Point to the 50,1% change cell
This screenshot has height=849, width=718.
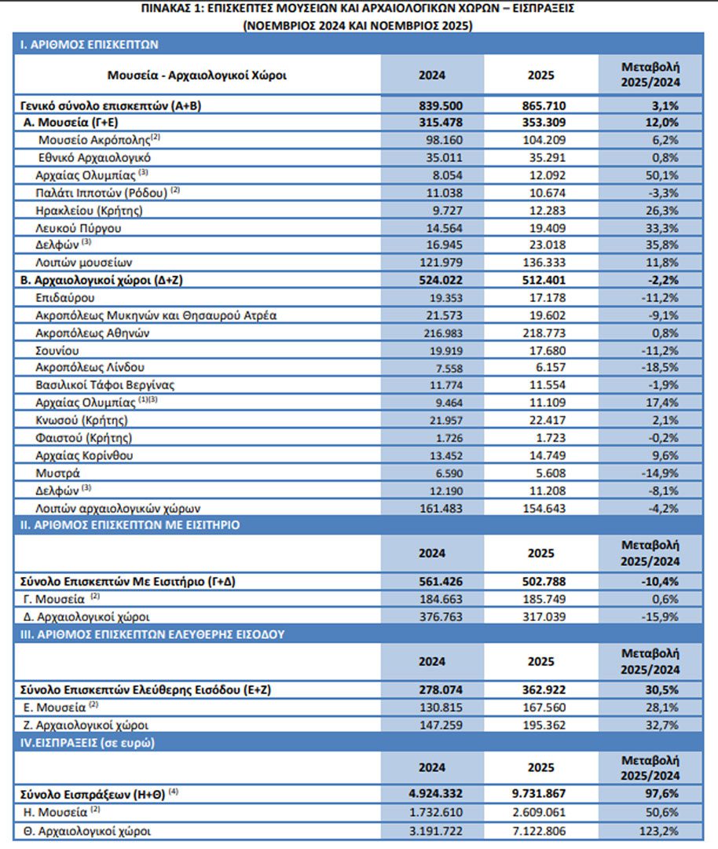661,175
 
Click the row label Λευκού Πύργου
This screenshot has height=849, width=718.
79,228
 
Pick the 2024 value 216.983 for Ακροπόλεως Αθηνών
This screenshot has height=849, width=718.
431,333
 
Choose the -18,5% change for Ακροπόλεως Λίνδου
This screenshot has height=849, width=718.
661,368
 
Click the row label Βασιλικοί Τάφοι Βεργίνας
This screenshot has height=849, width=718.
105,385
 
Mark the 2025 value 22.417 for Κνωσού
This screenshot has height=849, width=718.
542,421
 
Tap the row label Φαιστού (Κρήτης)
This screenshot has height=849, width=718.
84,438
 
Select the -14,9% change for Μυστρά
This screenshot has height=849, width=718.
661,473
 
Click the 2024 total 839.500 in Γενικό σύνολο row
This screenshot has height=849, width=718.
431,105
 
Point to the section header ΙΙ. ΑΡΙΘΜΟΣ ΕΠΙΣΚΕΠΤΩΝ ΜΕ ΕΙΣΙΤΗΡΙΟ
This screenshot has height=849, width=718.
130,525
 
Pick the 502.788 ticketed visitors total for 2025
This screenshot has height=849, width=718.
542,583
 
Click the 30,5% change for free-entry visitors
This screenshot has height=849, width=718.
661,690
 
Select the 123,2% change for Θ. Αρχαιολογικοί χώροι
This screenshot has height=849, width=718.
661,830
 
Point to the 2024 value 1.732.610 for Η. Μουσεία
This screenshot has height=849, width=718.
431,813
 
